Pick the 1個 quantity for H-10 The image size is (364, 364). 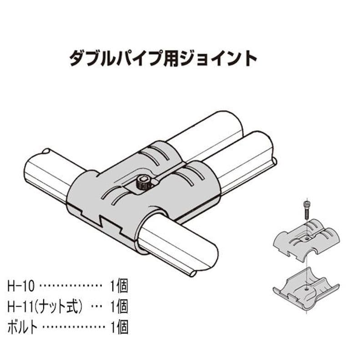(119, 287)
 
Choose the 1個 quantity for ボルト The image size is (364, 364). (119, 326)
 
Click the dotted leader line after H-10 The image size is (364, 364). (70, 287)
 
